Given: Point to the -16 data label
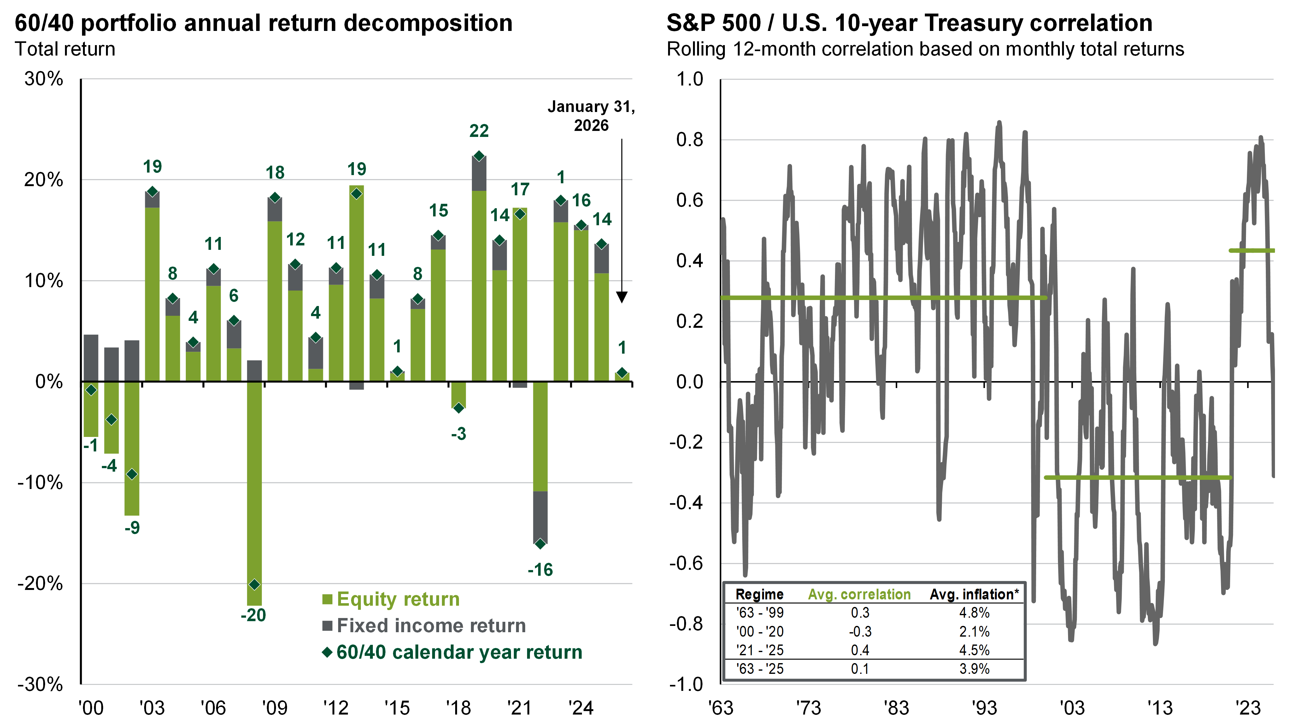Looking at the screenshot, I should pos(540,570).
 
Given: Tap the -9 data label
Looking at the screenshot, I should pos(132,528).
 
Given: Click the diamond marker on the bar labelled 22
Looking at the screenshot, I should pos(479,156).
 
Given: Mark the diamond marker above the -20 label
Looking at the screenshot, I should pos(254,585).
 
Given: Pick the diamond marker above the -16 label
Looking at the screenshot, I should pos(540,544).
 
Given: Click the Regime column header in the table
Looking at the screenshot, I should pos(759,595).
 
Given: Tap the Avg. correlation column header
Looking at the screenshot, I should pos(859,595).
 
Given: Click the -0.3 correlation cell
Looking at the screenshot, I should pos(860,632).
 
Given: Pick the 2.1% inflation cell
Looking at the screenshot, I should pos(974,632).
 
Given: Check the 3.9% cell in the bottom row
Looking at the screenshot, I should pos(974,669).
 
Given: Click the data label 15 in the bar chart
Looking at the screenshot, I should pos(438,211).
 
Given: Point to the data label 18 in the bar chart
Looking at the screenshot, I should pos(275,173).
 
